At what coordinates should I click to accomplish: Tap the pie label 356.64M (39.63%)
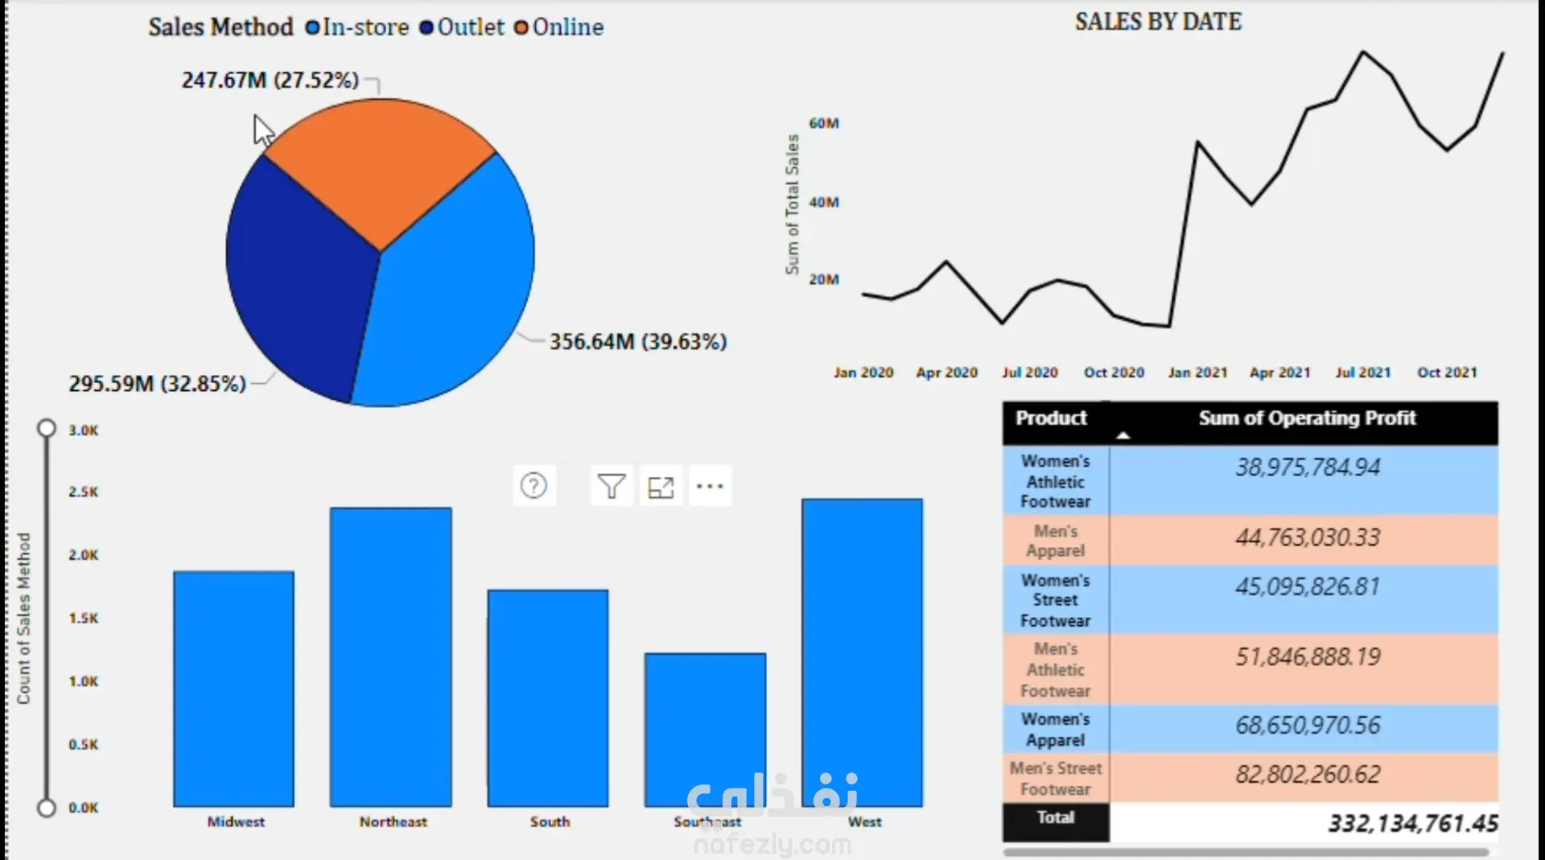[x=638, y=342]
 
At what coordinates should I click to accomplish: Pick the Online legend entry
[x=559, y=27]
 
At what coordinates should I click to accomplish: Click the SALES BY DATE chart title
[x=1158, y=22]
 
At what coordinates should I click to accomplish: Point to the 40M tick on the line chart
[x=824, y=202]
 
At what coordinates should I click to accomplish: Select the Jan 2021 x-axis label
[x=1197, y=372]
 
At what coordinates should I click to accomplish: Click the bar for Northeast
[x=391, y=656]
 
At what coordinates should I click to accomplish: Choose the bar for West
[x=863, y=652]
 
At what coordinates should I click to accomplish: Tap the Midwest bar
[x=234, y=689]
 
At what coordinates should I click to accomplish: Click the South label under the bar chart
[x=550, y=821]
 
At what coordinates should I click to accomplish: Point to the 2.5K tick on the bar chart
[x=84, y=492]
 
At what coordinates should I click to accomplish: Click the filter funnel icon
[x=612, y=486]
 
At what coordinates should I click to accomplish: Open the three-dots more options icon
[x=710, y=486]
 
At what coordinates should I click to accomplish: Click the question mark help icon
[x=534, y=485]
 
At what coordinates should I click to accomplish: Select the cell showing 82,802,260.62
[x=1308, y=774]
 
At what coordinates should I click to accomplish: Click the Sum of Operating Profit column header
[x=1307, y=418]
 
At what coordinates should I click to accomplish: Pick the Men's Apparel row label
[x=1056, y=541]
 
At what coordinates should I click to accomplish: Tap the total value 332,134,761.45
[x=1412, y=823]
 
